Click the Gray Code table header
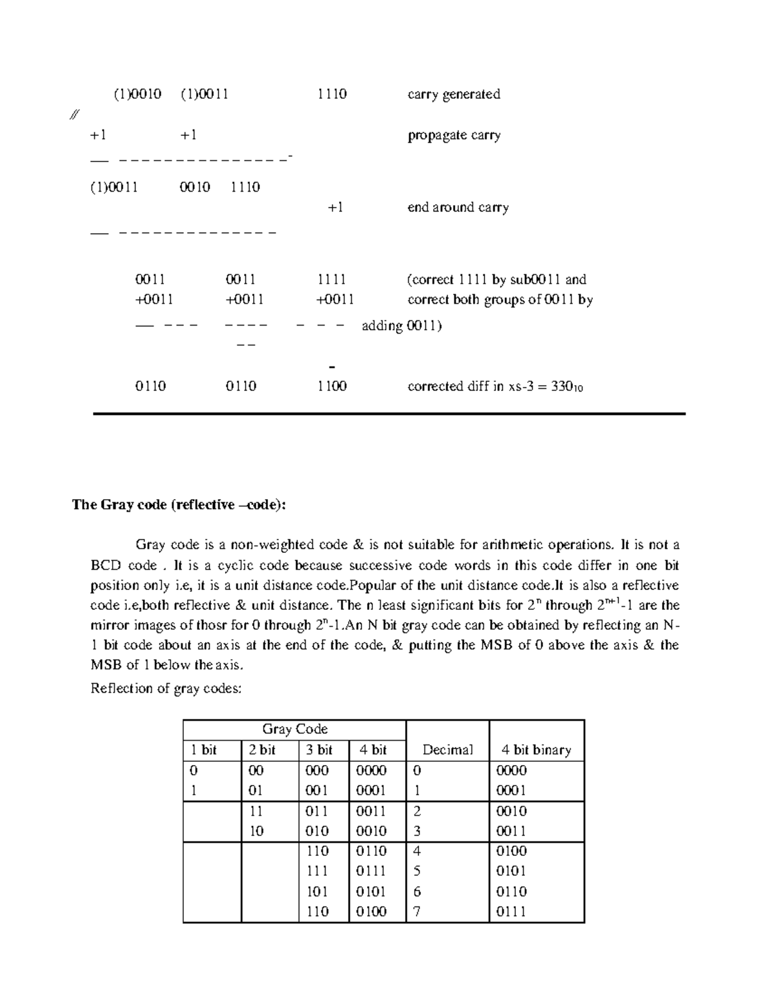tap(295, 729)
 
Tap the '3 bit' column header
tap(319, 750)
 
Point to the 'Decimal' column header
tap(447, 750)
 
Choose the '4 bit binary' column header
tap(536, 750)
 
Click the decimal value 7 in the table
tap(417, 911)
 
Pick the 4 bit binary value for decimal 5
tap(511, 871)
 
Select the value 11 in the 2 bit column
tap(256, 811)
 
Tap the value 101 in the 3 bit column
tap(318, 891)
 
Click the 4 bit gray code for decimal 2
tap(371, 811)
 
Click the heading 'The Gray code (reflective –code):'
tap(179, 505)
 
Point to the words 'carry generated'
tap(454, 94)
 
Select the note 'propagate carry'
tap(454, 135)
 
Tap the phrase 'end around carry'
tap(458, 207)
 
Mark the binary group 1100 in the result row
tap(332, 386)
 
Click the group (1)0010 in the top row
tap(138, 94)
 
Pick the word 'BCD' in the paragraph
tap(106, 565)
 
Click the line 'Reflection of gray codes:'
tap(167, 689)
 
